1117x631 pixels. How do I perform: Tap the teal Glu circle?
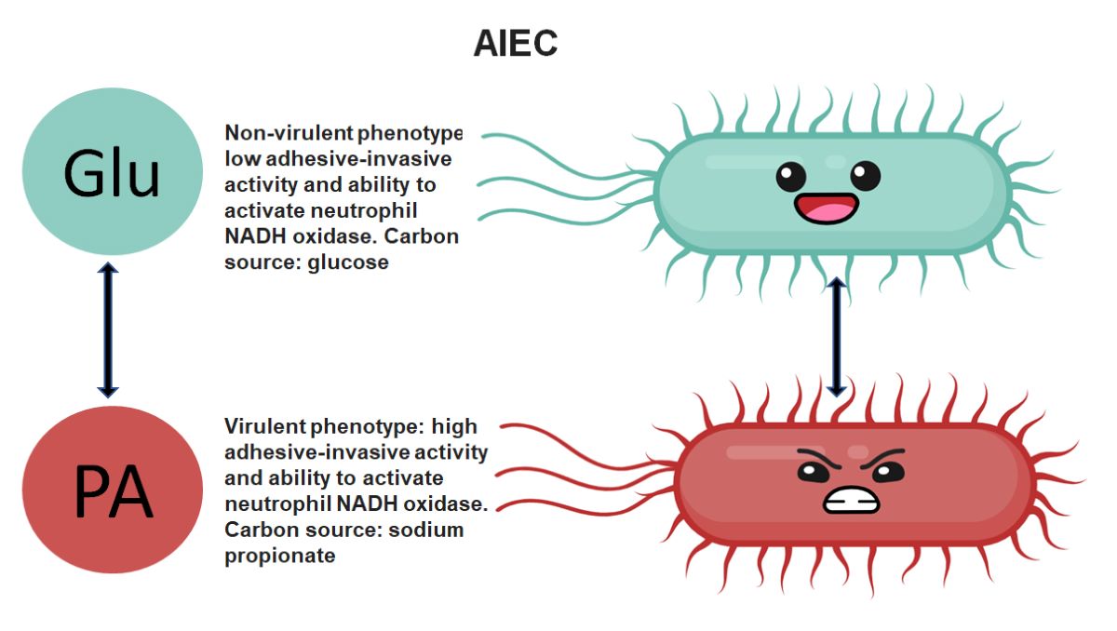[x=112, y=173]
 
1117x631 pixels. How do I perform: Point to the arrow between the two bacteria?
[x=836, y=335]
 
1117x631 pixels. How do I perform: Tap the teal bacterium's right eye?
[x=864, y=174]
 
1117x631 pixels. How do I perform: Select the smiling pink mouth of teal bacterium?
[x=826, y=207]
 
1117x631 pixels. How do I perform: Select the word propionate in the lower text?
[x=279, y=556]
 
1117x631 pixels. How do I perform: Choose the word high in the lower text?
[x=455, y=426]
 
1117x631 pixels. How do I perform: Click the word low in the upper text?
[x=240, y=158]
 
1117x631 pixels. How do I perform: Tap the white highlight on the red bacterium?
[x=763, y=452]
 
